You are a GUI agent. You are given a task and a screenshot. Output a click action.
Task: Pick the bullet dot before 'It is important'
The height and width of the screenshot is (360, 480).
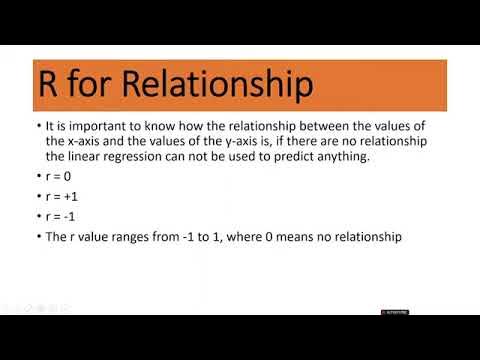[x=36, y=128]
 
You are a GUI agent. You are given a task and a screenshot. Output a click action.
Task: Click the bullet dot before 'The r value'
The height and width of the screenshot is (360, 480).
[x=36, y=237]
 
